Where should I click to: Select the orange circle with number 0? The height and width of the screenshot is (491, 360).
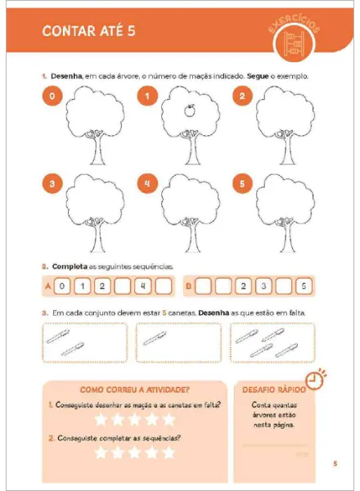click(x=52, y=97)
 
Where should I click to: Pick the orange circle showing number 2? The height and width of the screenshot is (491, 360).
click(x=243, y=97)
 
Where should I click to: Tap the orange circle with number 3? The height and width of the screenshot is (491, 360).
click(x=52, y=184)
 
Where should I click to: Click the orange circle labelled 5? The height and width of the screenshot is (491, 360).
click(x=243, y=184)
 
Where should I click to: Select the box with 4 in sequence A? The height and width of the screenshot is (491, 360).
click(x=142, y=286)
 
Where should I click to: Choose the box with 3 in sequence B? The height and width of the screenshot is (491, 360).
click(x=263, y=286)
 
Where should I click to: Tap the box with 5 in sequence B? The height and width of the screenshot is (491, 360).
click(x=303, y=286)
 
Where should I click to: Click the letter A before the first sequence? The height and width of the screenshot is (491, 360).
click(x=47, y=286)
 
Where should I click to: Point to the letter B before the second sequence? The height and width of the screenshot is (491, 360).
click(x=189, y=286)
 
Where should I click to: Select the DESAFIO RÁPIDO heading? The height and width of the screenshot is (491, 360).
click(x=271, y=390)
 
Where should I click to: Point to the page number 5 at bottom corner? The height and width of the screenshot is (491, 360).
click(x=335, y=464)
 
